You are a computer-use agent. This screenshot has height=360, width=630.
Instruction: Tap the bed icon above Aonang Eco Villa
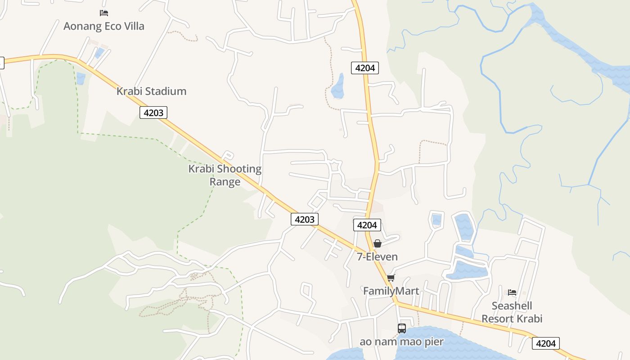104,13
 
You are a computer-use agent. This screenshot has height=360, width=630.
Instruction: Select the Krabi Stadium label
151,91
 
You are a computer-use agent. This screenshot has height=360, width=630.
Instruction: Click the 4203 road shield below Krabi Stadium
153,112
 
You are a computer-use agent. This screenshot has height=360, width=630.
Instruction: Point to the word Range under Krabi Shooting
225,182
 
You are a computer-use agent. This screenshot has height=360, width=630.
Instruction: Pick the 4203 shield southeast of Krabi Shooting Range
305,219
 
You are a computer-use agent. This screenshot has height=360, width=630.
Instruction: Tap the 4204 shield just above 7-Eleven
367,225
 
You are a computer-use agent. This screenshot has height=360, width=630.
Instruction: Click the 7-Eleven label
377,257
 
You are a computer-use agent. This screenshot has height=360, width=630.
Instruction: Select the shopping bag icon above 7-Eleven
378,243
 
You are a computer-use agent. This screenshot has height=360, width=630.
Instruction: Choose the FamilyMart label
391,291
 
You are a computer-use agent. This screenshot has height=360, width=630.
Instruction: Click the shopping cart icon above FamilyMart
391,278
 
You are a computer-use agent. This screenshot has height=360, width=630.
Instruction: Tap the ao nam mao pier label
401,342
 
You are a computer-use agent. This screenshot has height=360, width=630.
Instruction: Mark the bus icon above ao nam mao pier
402,328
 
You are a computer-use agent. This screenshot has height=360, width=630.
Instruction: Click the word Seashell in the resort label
512,306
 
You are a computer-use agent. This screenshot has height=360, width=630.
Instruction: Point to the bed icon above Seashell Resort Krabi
512,292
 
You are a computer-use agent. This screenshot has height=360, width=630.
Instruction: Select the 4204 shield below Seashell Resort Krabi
545,343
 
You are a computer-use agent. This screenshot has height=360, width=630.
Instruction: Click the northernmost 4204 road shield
365,68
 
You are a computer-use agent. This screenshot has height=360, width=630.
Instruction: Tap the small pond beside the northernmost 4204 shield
338,87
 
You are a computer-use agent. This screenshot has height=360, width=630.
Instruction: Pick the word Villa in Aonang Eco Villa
135,26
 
